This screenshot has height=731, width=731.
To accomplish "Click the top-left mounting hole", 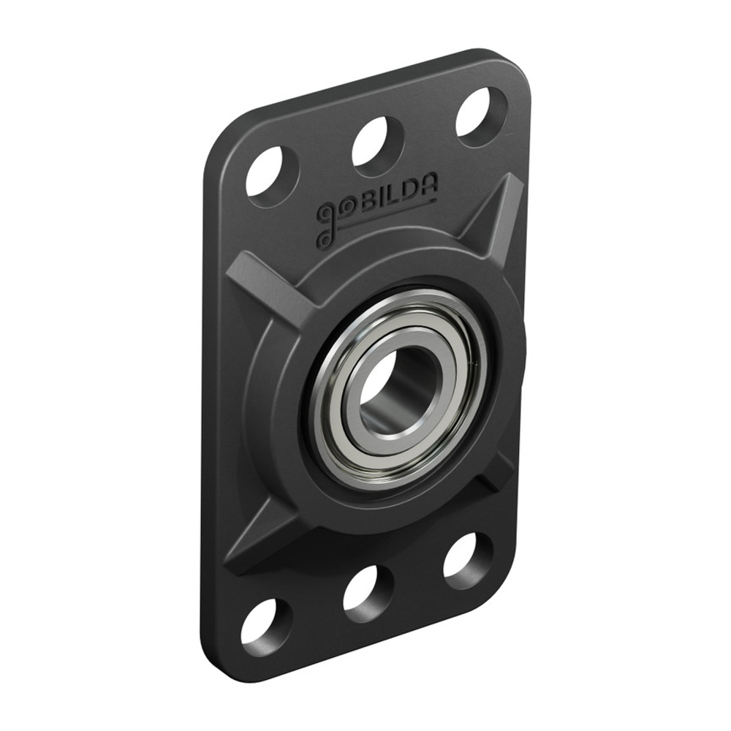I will (272, 173).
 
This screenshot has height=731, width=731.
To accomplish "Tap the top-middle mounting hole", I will (378, 142).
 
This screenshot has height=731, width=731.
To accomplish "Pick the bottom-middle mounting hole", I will (368, 589).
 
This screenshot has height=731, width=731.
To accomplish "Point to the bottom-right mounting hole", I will (468, 561).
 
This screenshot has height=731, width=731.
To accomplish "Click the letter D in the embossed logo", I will (411, 192).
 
